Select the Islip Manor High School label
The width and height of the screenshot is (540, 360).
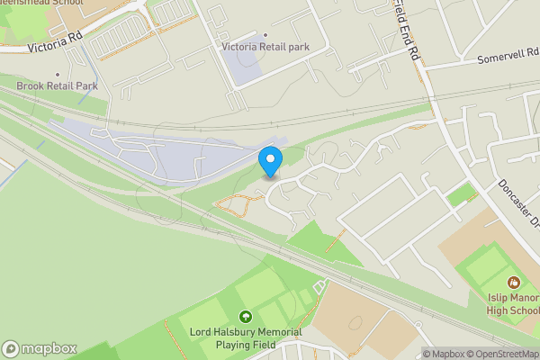coord(512,304)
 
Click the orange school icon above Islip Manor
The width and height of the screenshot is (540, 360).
coord(514,283)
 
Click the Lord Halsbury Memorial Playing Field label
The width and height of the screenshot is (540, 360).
coord(245,337)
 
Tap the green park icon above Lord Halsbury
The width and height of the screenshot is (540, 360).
coord(245,317)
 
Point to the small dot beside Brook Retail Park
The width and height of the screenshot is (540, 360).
coord(58,75)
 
